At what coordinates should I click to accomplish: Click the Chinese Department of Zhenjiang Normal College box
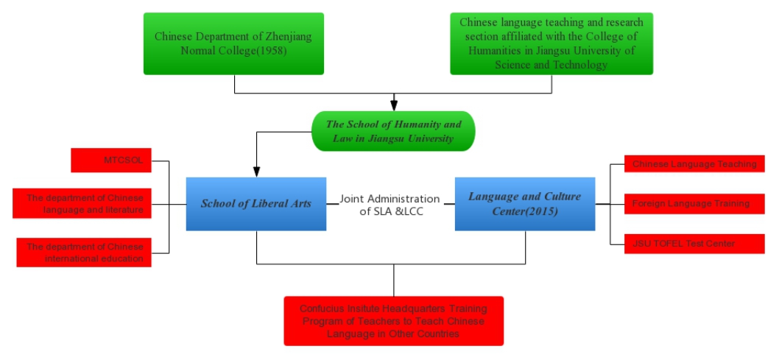coord(233,43)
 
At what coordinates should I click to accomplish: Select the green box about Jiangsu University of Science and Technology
coord(551,43)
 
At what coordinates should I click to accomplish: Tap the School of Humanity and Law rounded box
coord(393,131)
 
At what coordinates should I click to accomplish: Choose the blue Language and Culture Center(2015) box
coord(525,204)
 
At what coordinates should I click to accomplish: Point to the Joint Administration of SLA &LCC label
coord(389,205)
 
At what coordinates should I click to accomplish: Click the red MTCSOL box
coord(111,160)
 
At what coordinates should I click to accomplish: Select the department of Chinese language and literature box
coord(82,204)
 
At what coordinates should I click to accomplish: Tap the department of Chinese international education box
coord(82,253)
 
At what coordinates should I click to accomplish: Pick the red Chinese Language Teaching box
coord(693,164)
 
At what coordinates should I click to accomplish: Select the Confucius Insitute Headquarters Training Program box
coord(394,321)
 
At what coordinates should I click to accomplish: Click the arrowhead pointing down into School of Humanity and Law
coord(394,106)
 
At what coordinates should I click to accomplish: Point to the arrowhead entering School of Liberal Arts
coord(256,172)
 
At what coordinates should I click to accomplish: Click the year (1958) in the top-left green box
coord(267,52)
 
